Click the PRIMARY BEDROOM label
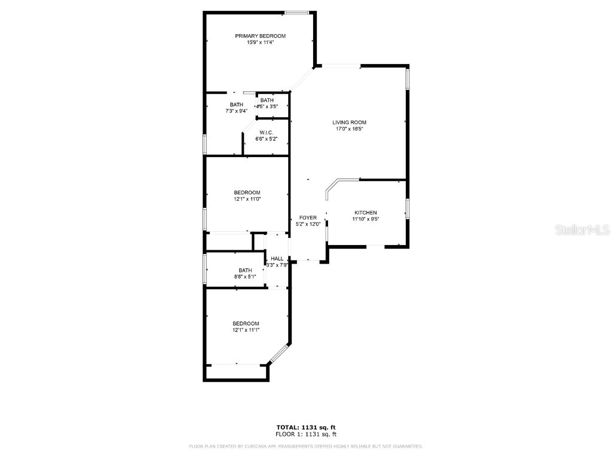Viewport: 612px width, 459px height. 260,36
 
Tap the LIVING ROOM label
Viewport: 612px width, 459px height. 350,123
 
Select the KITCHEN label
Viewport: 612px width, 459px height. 366,213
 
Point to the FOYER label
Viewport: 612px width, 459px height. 308,218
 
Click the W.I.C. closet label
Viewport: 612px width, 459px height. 266,133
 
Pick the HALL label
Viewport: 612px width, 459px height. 277,259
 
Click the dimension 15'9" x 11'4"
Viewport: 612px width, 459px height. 260,42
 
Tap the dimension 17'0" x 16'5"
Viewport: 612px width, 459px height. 350,128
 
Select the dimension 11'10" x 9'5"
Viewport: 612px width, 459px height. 366,219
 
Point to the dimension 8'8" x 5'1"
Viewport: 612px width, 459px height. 245,276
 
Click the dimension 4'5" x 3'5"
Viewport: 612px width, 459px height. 267,106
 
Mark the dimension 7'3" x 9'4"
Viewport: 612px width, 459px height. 237,111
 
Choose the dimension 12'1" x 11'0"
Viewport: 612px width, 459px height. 247,198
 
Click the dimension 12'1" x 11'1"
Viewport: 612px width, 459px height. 246,329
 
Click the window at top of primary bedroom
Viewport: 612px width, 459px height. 296,13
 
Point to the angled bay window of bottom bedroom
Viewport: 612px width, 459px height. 279,353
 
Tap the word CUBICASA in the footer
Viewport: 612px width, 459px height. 261,446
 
